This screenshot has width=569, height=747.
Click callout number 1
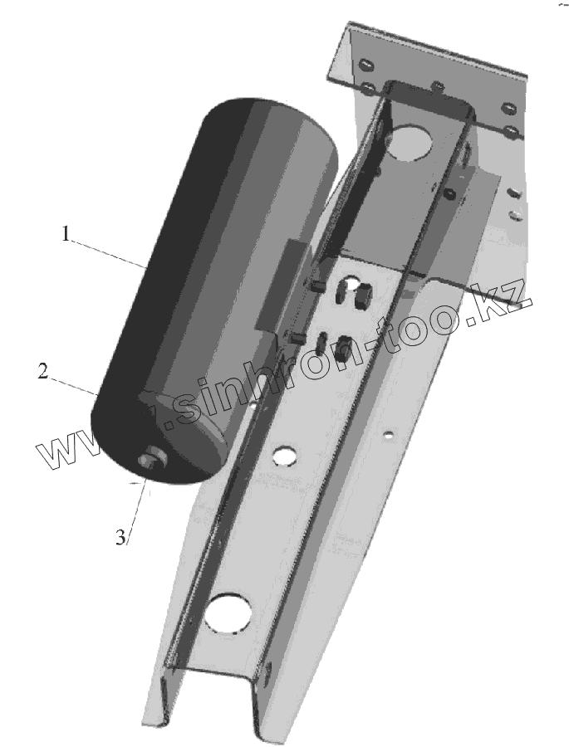tap(66, 234)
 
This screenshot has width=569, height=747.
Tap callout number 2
tap(43, 371)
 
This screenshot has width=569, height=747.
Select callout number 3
tap(120, 537)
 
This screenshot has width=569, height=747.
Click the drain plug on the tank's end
tap(152, 456)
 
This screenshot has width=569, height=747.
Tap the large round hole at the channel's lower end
tap(228, 613)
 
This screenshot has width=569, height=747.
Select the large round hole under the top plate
tap(410, 141)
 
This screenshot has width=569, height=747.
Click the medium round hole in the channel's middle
tap(285, 455)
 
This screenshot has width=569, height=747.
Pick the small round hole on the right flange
tap(390, 434)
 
